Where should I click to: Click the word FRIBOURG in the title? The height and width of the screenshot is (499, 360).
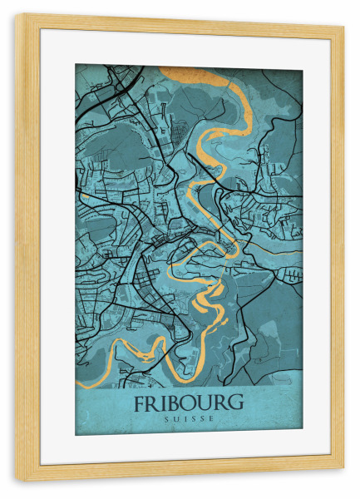click(189, 403)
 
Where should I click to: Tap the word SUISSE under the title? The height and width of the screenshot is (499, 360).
click(189, 418)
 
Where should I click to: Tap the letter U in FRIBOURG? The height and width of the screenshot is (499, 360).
click(206, 403)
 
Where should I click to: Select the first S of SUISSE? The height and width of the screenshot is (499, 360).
click(168, 418)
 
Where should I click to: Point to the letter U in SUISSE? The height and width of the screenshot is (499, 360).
click(177, 418)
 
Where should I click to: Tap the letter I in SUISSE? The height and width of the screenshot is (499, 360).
click(185, 418)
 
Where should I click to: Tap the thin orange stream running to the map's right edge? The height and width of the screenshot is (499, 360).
click(283, 250)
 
